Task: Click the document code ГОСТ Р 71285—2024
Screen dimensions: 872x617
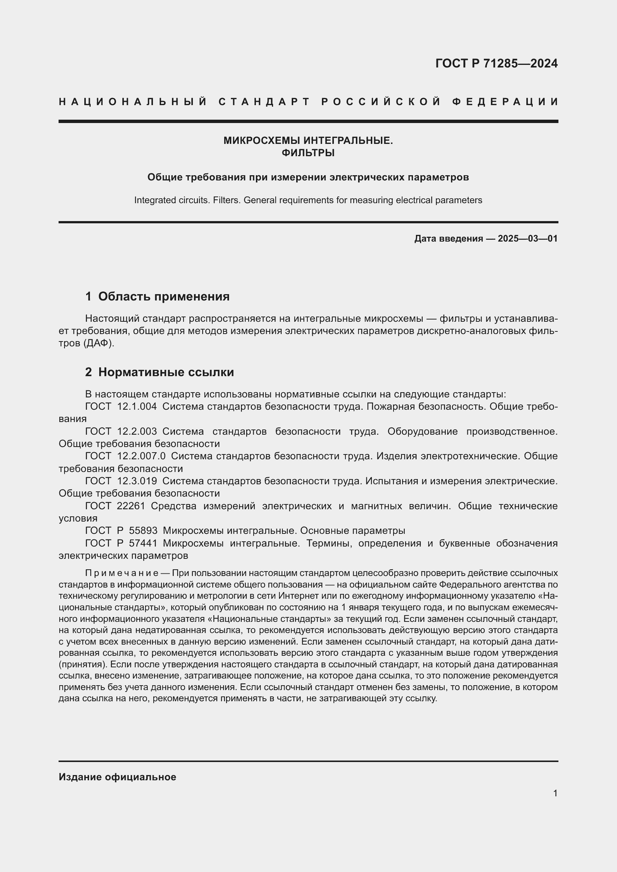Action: pyautogui.click(x=496, y=63)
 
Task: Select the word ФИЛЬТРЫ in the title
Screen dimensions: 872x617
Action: pyautogui.click(x=308, y=153)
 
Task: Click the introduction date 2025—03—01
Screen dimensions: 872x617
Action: pyautogui.click(x=528, y=239)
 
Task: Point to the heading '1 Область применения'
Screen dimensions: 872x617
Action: pyautogui.click(x=157, y=296)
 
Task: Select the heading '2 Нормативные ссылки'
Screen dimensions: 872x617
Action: pyautogui.click(x=160, y=372)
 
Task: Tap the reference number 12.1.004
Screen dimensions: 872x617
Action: pyautogui.click(x=137, y=406)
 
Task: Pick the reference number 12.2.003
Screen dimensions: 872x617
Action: pyautogui.click(x=137, y=431)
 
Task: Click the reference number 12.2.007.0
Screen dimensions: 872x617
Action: pyautogui.click(x=141, y=456)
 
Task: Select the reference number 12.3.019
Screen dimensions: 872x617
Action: pyautogui.click(x=137, y=481)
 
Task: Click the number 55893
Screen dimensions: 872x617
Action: pyautogui.click(x=143, y=531)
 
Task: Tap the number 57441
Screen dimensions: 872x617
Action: pyautogui.click(x=143, y=543)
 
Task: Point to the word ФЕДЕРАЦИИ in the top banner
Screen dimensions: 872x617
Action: pyautogui.click(x=505, y=102)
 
